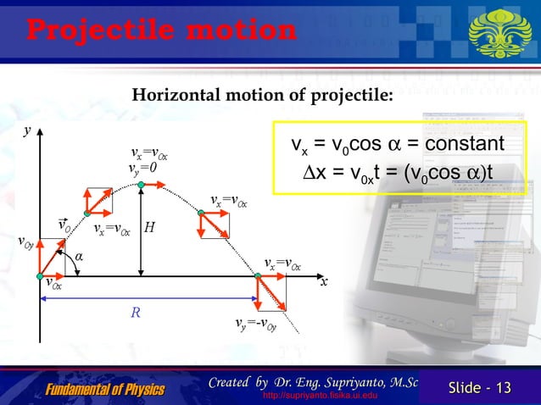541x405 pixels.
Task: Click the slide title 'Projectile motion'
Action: click(x=161, y=30)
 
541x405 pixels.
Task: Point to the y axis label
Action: click(x=27, y=133)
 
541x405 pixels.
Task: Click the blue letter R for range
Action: click(x=135, y=313)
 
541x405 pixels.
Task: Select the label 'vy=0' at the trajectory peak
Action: click(x=142, y=168)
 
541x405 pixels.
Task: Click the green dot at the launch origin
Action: click(x=41, y=275)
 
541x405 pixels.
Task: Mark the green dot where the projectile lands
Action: click(x=258, y=275)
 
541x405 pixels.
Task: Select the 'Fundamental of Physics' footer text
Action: click(x=105, y=389)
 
